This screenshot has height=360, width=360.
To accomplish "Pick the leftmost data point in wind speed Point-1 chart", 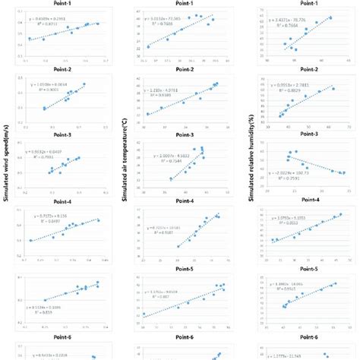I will [30, 39].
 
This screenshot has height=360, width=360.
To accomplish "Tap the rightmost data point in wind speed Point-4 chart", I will [98, 220].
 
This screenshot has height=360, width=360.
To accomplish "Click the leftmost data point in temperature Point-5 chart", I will [144, 314].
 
